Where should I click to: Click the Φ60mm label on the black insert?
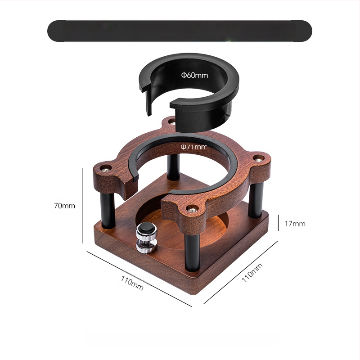coord(195,75)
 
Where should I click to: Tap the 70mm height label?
coord(64,206)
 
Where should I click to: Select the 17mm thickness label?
coord(296,223)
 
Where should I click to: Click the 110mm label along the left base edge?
coord(132,283)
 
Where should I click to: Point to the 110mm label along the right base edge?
coord(252,272)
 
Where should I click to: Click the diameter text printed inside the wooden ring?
coord(194,147)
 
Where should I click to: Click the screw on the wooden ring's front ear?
coord(193,209)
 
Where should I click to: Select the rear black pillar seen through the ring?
coord(173,166)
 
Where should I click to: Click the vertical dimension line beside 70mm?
coord(82,205)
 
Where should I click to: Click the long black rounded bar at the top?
coord(180,31)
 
